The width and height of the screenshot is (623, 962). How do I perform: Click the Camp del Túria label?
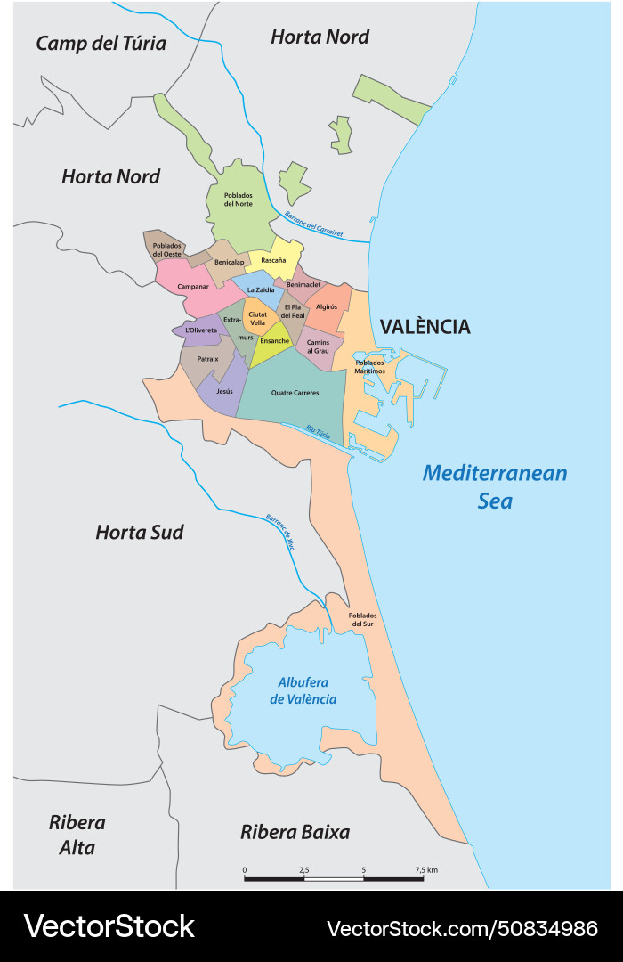pos(101,44)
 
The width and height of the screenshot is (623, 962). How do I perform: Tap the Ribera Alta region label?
pos(77,835)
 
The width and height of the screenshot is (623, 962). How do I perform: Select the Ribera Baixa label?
pos(295,832)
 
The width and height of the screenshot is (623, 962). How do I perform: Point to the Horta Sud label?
pos(139,533)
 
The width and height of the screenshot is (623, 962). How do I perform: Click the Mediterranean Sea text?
pos(495,486)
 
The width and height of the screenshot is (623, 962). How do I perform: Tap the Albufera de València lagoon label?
pos(303,690)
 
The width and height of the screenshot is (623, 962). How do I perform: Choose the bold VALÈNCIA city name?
pos(425,327)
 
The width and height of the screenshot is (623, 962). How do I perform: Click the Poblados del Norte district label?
pos(239,200)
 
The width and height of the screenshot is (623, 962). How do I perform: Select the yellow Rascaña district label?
pos(273,260)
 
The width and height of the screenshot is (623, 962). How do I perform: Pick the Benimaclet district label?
pos(303,284)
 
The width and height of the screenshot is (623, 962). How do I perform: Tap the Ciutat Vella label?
pos(257,318)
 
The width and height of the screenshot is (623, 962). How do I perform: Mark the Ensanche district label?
pos(274,340)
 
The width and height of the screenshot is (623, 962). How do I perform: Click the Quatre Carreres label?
pos(295,393)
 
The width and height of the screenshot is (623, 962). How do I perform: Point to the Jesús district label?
pos(224,391)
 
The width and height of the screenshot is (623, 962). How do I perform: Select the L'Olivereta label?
pos(201,330)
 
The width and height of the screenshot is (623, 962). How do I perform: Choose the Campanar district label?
pos(193,286)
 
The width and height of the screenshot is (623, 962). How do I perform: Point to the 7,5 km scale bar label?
pos(425,869)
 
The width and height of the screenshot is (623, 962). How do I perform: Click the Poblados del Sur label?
pos(362,619)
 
